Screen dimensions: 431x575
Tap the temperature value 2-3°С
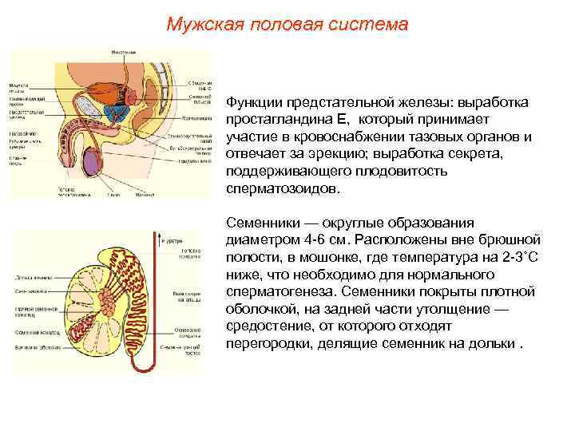[523, 256]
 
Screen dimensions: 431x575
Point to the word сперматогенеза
[276, 291]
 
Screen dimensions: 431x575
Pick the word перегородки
[267, 342]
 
